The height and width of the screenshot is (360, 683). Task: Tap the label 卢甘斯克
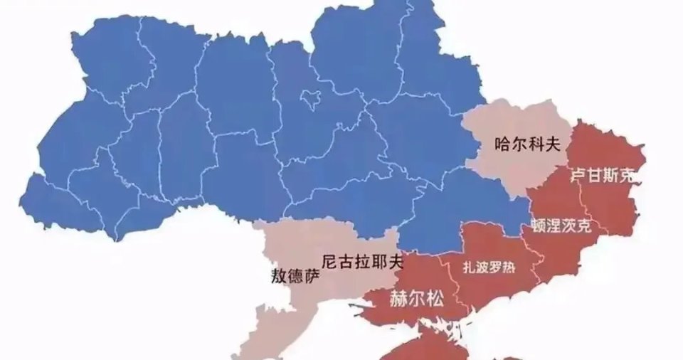tap(602, 174)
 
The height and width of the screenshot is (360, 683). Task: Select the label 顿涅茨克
tap(561, 227)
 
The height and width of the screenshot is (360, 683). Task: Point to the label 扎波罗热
tap(489, 268)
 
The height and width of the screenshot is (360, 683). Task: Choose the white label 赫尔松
tap(416, 300)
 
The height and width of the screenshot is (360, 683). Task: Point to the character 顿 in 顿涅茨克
tap(539, 227)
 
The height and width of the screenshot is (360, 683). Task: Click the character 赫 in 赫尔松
tap(398, 300)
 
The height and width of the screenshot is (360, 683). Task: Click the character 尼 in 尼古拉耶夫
tap(329, 261)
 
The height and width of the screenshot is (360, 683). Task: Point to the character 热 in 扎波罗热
tap(509, 268)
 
